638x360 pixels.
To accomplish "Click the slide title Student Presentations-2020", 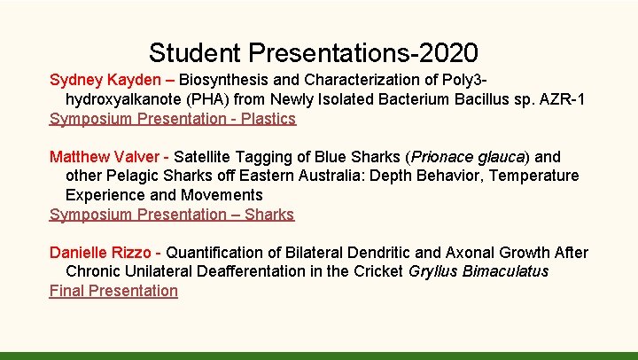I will (x=314, y=52).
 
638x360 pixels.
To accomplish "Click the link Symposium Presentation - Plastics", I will (x=173, y=118).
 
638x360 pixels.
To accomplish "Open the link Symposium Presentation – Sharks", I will (x=172, y=214).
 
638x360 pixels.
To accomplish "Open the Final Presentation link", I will (x=113, y=291).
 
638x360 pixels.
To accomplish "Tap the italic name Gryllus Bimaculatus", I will (x=478, y=271).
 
